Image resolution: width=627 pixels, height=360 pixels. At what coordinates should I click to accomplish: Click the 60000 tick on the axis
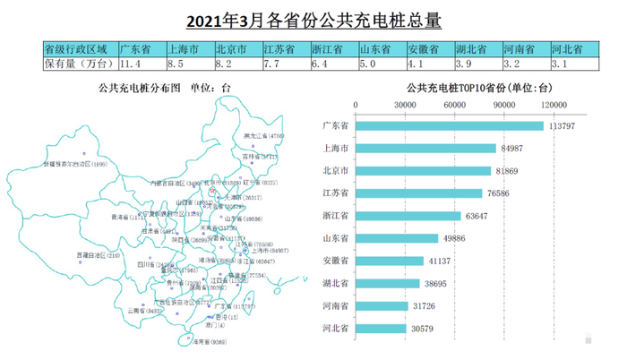click(x=455, y=105)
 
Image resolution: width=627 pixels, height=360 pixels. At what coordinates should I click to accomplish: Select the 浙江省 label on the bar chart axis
click(x=335, y=216)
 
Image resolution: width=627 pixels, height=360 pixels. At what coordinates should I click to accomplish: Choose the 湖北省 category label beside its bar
click(x=335, y=284)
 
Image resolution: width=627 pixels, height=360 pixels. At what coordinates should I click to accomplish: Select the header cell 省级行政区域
click(x=77, y=48)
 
